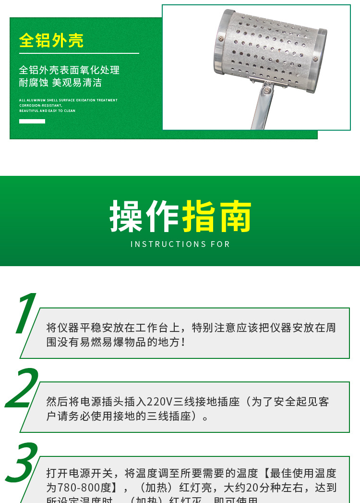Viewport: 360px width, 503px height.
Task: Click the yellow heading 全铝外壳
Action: (51, 40)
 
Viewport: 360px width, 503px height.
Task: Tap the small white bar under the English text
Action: (32, 122)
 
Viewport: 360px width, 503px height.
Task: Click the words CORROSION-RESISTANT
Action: (40, 106)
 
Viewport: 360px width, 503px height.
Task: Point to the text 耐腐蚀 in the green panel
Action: (34, 83)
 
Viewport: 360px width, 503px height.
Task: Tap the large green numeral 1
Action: (25, 315)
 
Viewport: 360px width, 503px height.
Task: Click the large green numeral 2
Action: (22, 389)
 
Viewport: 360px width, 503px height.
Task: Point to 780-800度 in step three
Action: (84, 488)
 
